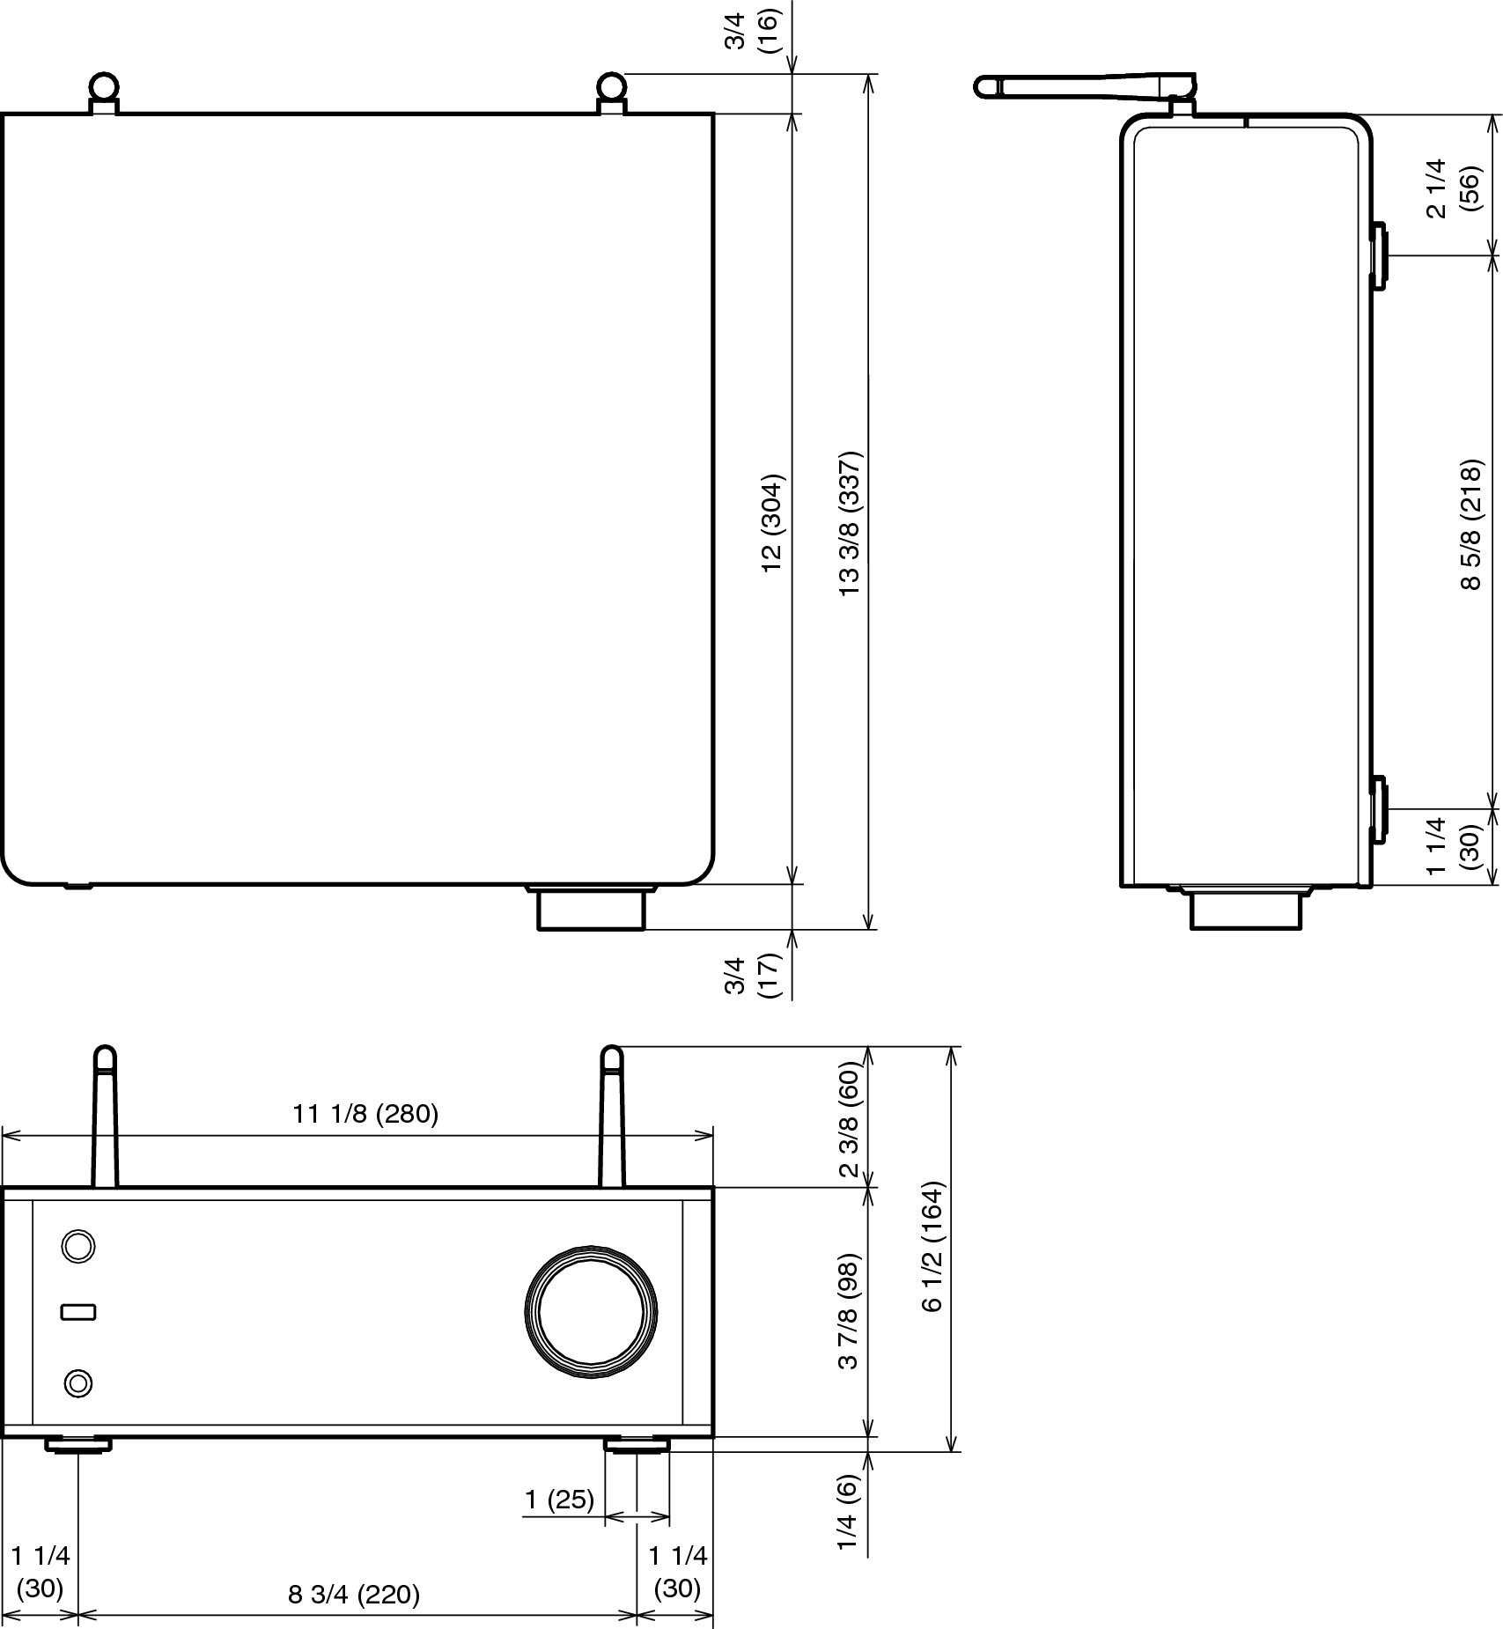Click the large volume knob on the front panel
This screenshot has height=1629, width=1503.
point(592,1311)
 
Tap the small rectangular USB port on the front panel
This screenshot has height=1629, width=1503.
point(78,1312)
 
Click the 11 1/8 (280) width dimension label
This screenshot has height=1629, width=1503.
point(365,1114)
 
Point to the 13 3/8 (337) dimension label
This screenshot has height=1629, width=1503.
point(851,524)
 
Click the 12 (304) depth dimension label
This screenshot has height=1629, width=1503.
point(772,523)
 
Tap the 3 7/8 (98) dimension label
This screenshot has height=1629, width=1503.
point(849,1311)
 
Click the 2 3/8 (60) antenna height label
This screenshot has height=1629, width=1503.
point(849,1117)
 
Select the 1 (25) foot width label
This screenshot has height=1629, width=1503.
point(560,1499)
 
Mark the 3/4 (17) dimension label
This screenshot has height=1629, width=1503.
point(753,975)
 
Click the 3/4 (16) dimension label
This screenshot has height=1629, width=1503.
point(753,31)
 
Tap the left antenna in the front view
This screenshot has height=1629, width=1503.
point(105,1117)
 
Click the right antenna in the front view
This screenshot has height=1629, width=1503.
point(612,1117)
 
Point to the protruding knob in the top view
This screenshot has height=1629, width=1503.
point(592,908)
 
